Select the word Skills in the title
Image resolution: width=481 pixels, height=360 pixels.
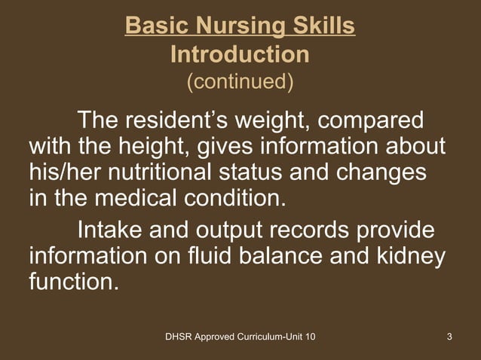click(320, 28)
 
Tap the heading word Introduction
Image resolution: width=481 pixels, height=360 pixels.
click(240, 54)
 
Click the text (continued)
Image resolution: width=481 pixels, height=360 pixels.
click(240, 81)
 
